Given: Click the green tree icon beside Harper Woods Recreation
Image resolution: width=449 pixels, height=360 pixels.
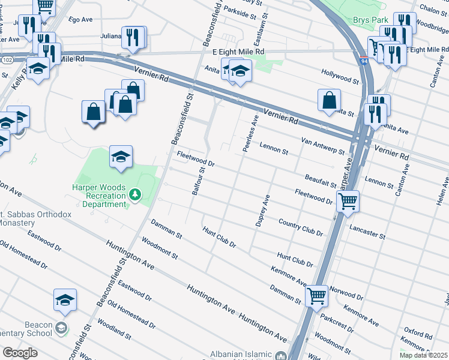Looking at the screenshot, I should coord(136,194).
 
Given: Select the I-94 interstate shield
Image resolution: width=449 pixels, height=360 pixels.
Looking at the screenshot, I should coord(365,61).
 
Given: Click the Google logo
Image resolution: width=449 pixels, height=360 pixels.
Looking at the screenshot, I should coord(19,353).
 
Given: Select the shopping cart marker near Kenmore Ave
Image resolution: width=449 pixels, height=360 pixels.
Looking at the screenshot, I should coord(316,295).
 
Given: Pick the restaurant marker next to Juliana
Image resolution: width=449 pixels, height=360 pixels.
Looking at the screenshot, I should coord(133,37).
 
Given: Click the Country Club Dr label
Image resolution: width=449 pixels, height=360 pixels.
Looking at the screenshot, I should coord(301,227).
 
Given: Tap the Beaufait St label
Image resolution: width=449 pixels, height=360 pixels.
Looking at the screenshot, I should coord(320,180).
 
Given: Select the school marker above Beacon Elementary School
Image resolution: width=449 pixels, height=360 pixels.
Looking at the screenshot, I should coord(65,300).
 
